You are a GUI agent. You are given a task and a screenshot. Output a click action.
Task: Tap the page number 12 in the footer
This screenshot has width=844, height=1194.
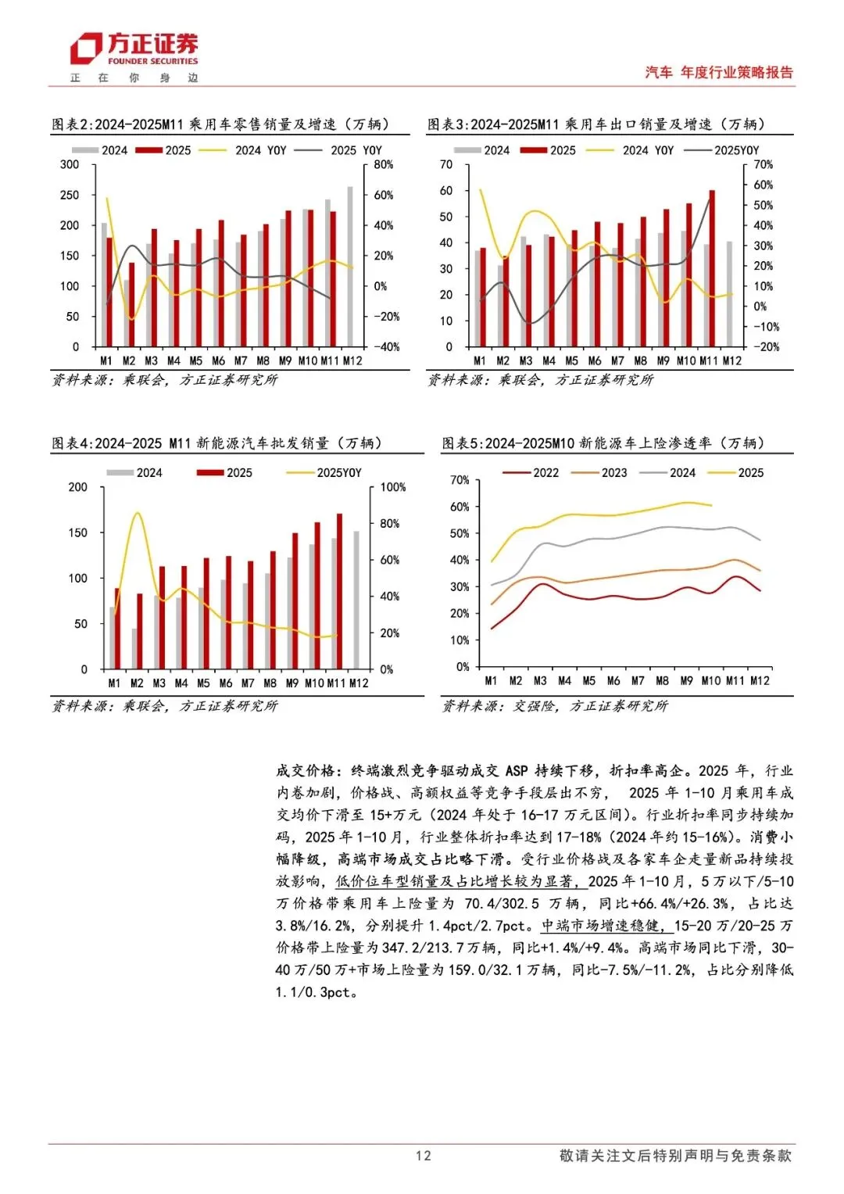(423, 1156)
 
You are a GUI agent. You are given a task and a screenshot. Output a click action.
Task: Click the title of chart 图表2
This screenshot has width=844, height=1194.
(220, 124)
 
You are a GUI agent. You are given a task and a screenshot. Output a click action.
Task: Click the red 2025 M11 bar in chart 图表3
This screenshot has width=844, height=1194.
(712, 268)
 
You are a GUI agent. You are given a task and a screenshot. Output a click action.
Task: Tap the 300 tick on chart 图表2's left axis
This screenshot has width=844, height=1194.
(70, 165)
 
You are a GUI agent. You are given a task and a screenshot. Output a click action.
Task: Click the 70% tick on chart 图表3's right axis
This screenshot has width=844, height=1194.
(764, 165)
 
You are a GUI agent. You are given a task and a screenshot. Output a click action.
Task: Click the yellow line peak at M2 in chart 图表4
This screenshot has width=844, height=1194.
(138, 513)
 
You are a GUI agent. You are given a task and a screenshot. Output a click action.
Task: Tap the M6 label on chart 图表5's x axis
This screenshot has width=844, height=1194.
(613, 681)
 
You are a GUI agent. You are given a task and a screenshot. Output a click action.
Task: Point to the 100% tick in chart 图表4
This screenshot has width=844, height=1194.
(393, 487)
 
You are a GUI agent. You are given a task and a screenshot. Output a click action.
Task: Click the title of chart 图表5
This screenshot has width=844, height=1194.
(603, 443)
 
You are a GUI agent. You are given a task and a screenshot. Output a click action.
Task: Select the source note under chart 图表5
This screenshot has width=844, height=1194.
(555, 706)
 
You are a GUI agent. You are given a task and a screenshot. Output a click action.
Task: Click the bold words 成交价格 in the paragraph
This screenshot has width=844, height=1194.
(306, 771)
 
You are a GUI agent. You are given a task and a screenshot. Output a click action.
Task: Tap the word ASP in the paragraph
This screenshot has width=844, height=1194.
(517, 771)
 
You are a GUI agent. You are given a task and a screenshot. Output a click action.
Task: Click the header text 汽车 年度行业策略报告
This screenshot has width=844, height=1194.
(719, 73)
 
